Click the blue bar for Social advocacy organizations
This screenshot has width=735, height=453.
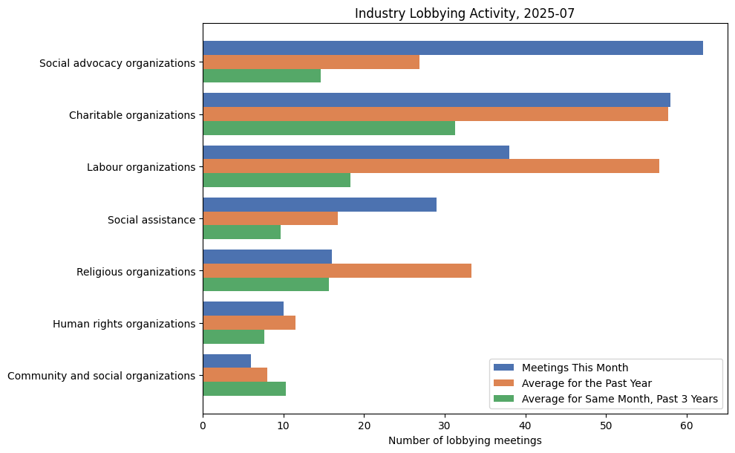click(453, 48)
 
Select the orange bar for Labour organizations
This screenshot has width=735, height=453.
click(431, 166)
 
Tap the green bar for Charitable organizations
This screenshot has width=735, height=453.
click(329, 128)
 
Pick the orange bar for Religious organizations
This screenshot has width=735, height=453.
click(337, 271)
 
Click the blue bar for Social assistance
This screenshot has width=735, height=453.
click(319, 204)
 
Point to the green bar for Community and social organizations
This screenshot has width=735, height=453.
click(244, 388)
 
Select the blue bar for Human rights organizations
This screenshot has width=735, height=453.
click(243, 309)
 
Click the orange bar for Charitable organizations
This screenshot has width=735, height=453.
click(435, 114)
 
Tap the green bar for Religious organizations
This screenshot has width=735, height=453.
click(266, 284)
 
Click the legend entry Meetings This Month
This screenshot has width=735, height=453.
click(575, 368)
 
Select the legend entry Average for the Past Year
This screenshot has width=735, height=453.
click(587, 383)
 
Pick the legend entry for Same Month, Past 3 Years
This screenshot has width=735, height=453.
click(619, 399)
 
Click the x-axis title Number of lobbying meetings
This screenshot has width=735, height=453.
click(465, 440)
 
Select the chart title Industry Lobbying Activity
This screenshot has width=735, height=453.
click(465, 13)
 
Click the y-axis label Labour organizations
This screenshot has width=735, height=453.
click(141, 167)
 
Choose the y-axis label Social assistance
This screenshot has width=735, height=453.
click(151, 219)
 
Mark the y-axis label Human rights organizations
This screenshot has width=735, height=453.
click(124, 324)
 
